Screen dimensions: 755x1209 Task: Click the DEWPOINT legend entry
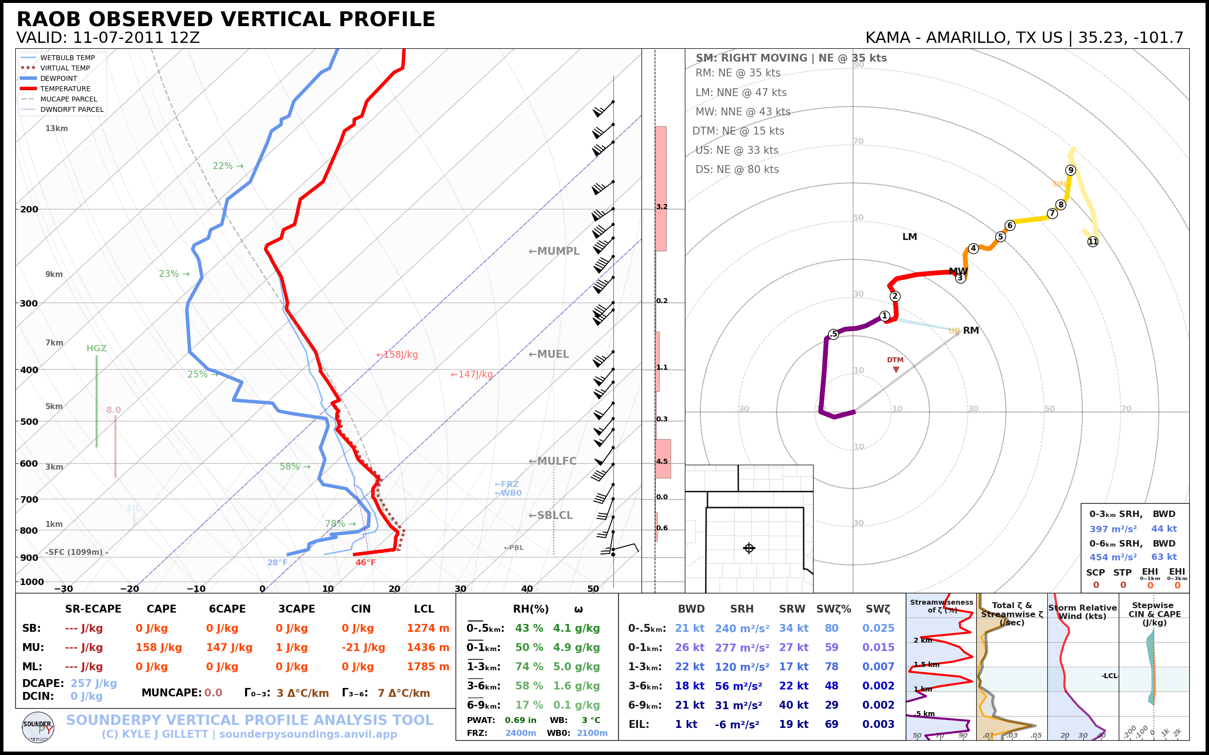[x=59, y=78]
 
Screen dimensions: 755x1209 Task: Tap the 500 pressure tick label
[x=29, y=421]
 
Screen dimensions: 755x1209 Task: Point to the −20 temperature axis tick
[x=129, y=589]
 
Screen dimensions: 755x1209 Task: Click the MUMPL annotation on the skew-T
[x=554, y=251]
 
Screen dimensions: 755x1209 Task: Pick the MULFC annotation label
[x=553, y=461]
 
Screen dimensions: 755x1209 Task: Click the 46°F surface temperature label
[x=365, y=563]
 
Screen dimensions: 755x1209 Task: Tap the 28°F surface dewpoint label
[x=277, y=563]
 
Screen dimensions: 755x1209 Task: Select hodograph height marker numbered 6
[x=1010, y=225]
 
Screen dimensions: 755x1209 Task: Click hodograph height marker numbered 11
[x=1093, y=241]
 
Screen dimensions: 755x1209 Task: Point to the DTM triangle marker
[x=896, y=370]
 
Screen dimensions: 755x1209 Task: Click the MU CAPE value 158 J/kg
[x=158, y=648]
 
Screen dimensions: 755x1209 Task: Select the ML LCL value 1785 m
[x=427, y=667]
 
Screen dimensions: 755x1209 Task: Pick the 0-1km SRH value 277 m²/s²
[x=742, y=648]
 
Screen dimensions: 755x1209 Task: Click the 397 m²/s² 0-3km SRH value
[x=1112, y=529]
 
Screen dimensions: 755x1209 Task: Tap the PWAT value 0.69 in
[x=520, y=720]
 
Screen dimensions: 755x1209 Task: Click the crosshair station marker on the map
[x=748, y=549]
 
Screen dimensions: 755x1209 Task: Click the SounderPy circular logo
[x=38, y=727]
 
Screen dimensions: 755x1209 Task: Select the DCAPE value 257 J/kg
[x=93, y=683]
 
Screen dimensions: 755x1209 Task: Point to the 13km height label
[x=56, y=128]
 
